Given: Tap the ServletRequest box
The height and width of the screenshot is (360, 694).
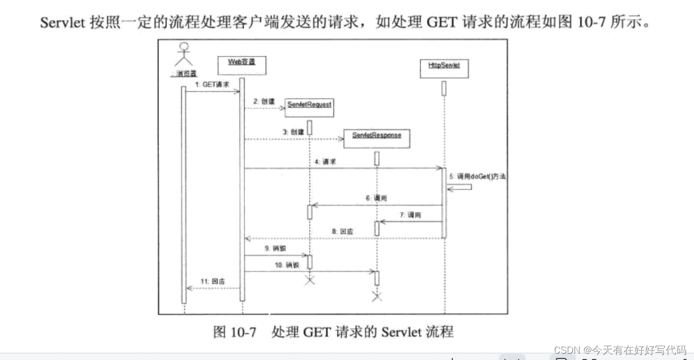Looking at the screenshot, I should [x=309, y=107].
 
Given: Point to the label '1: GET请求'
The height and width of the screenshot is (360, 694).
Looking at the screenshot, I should [x=212, y=84].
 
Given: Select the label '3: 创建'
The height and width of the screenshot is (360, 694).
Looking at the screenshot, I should [x=293, y=133].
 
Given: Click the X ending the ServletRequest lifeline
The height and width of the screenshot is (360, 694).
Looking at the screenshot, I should [x=310, y=281].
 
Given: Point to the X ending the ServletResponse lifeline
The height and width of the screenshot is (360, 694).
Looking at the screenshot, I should [x=376, y=297].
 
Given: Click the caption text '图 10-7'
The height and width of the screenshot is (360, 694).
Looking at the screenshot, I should [x=234, y=333].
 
